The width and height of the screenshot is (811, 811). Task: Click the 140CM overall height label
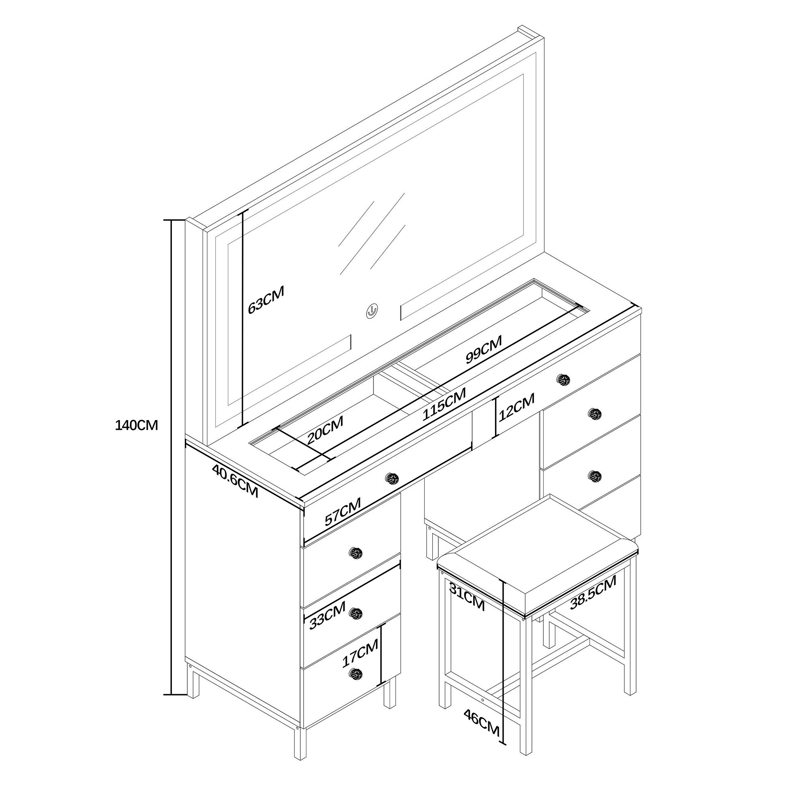coord(136,425)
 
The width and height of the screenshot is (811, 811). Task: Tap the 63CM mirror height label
coord(266,300)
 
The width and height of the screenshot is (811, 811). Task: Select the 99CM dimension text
coord(484,349)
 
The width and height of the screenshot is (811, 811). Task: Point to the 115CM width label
coord(444,404)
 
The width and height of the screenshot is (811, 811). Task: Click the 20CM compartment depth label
coord(325,430)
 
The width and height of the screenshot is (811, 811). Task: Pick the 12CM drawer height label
coord(517,407)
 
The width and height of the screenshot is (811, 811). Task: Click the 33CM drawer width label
coord(327,616)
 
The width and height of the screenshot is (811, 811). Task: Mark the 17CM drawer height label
coord(360,653)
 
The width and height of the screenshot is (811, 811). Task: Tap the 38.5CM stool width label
coord(593,592)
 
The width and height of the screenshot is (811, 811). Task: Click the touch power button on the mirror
coord(372,311)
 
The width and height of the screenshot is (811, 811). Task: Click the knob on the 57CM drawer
coord(392,478)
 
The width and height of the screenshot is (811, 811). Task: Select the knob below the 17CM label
coord(356,675)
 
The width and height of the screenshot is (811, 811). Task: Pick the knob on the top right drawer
coord(563,380)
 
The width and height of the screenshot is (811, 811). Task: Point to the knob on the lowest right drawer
coord(595,476)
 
